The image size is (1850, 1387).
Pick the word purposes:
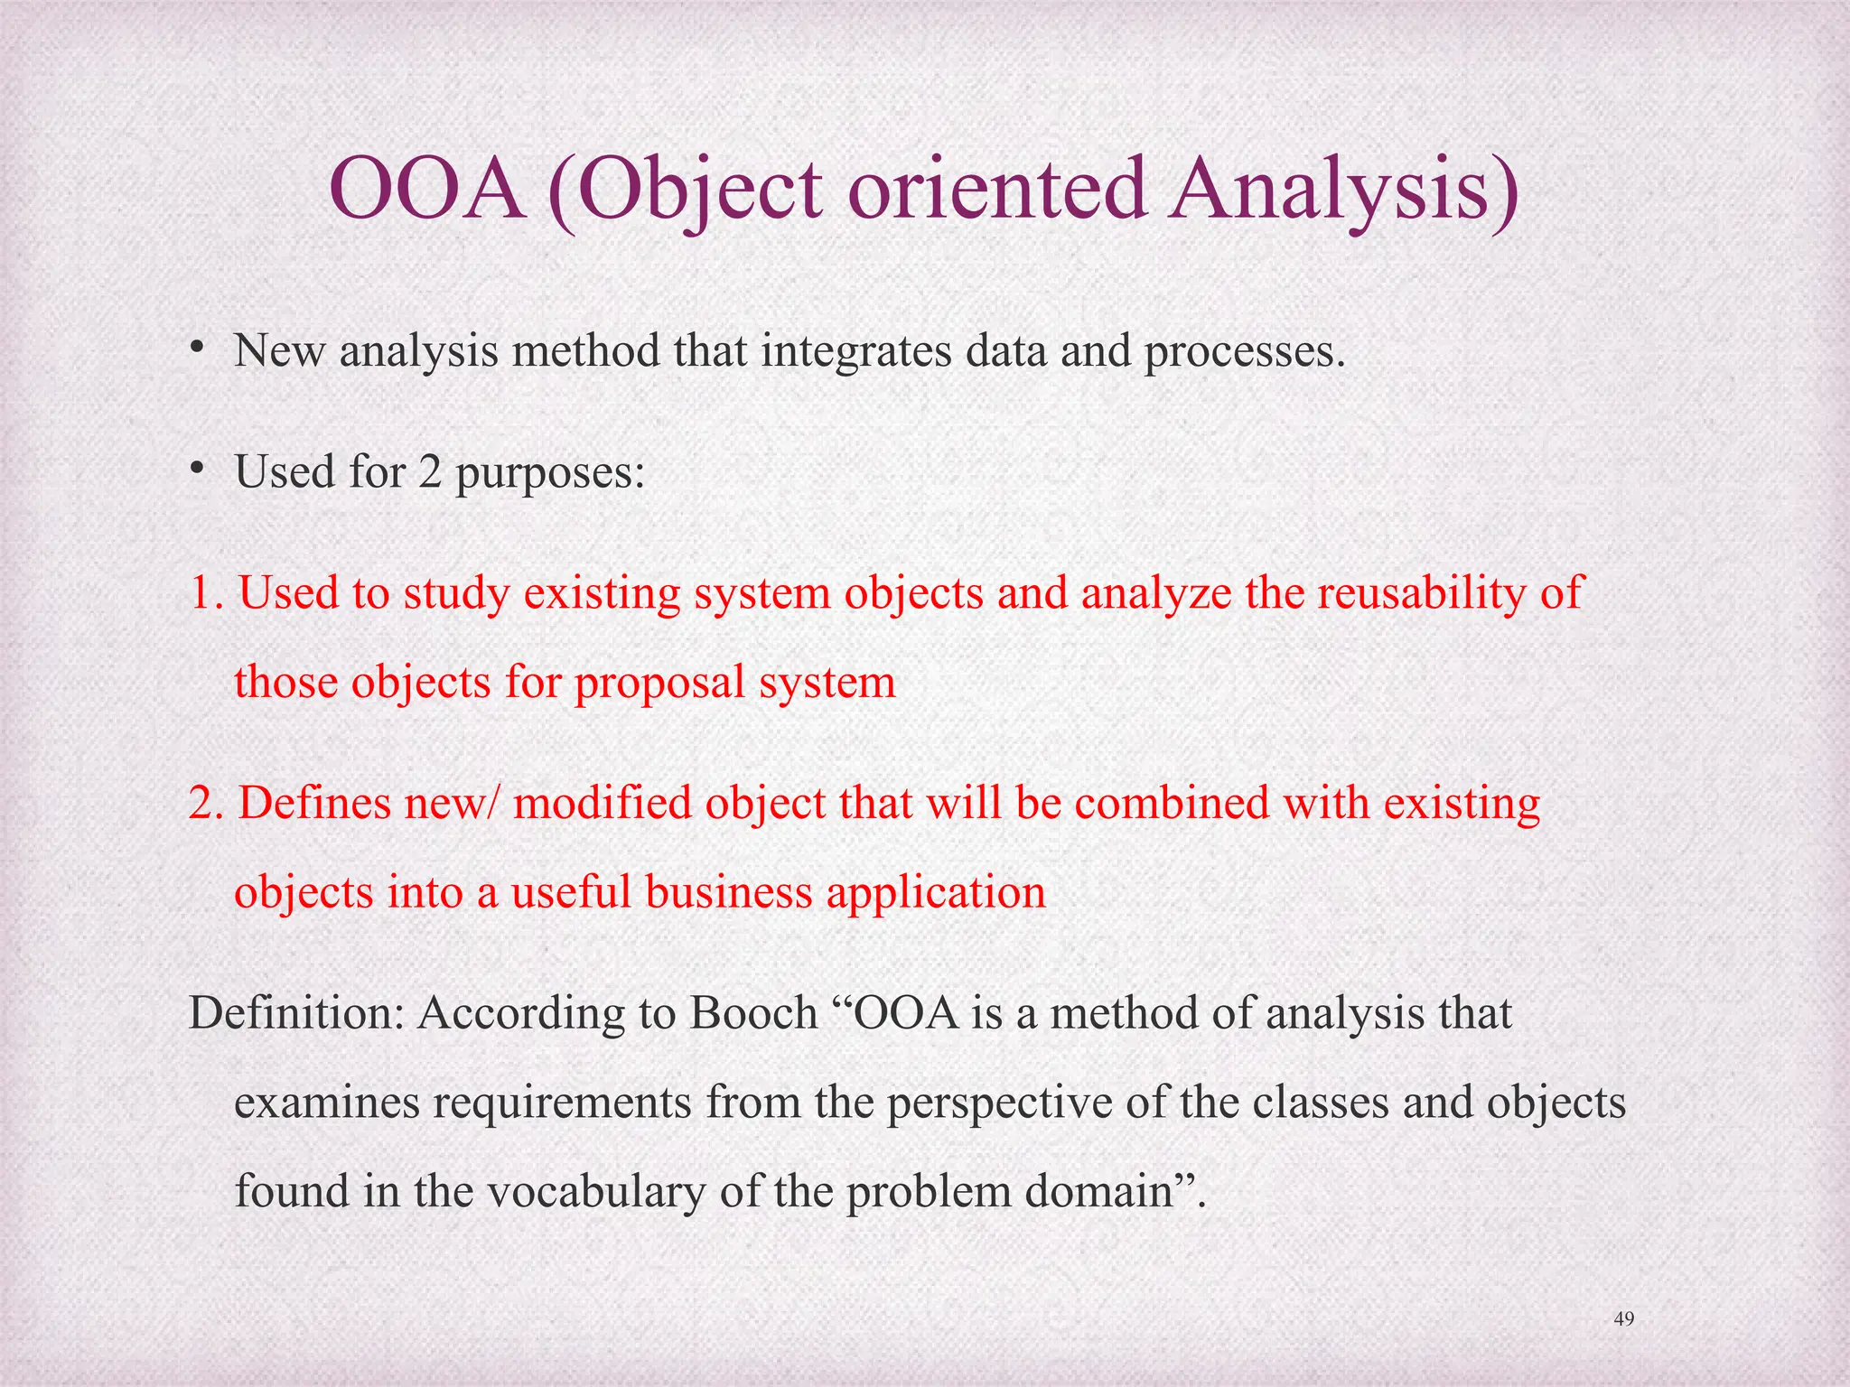[x=550, y=473]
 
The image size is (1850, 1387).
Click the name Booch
[x=753, y=1013]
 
